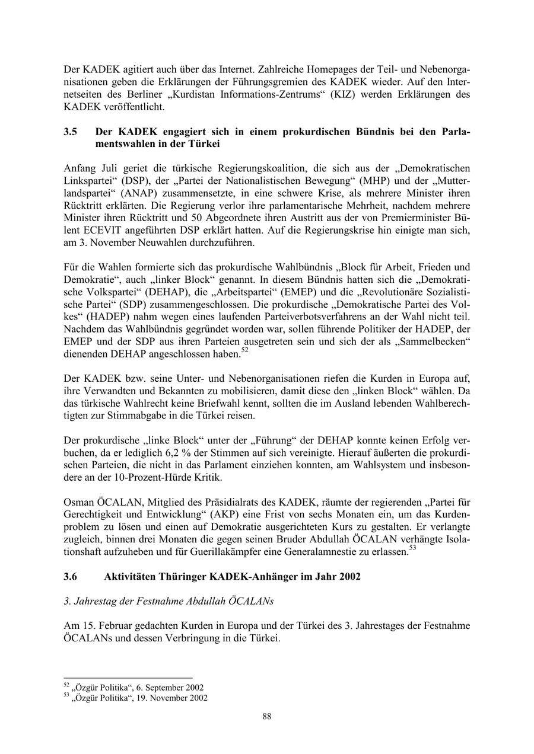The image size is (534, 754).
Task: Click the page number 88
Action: [x=267, y=716]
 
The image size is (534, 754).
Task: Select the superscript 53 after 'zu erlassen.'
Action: [x=412, y=549]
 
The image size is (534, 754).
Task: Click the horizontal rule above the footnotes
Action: [x=128, y=678]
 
